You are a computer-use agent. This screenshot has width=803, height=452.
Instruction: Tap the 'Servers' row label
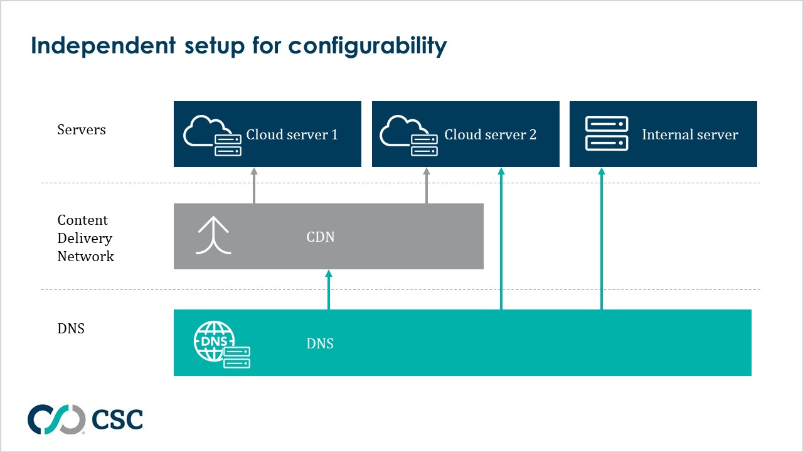click(82, 130)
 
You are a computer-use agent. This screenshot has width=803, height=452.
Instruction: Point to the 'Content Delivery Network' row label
click(85, 238)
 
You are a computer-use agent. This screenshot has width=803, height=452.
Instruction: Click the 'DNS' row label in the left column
click(71, 328)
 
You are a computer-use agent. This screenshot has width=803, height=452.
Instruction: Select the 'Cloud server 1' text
click(292, 135)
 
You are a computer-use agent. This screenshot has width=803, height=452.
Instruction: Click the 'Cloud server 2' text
click(490, 135)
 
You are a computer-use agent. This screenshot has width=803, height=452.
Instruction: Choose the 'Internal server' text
click(689, 135)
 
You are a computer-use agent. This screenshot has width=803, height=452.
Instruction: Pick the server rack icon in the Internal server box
click(606, 134)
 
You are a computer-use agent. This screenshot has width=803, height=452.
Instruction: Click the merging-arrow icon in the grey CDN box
click(213, 236)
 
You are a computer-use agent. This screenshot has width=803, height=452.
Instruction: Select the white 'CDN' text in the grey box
click(320, 237)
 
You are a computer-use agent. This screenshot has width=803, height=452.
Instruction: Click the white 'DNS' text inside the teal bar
click(320, 344)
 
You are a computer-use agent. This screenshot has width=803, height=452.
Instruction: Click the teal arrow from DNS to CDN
click(328, 289)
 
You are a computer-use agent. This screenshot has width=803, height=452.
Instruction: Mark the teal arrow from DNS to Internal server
click(601, 239)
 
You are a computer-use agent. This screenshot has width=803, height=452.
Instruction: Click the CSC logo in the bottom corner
click(85, 419)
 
